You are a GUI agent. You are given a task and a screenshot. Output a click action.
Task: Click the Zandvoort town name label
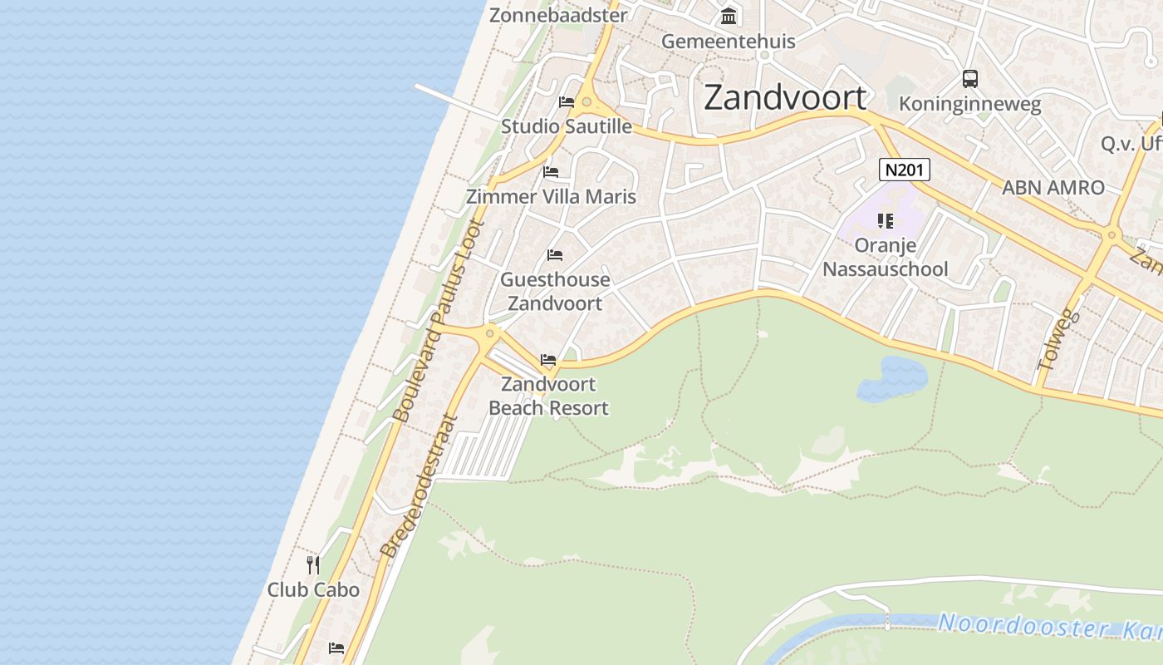[785, 98]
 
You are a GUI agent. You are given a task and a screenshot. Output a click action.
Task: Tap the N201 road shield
[905, 170]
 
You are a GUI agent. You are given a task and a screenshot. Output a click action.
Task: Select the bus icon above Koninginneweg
[970, 79]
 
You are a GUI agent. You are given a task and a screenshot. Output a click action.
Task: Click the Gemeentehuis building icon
[729, 16]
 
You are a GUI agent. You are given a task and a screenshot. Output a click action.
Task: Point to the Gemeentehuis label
[728, 41]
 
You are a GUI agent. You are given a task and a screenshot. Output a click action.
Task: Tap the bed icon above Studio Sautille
[567, 102]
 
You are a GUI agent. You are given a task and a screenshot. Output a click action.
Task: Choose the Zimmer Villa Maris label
[551, 197]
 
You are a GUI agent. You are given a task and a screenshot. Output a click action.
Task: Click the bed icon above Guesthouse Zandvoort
[555, 254]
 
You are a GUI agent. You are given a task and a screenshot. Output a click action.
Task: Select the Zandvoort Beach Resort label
[548, 396]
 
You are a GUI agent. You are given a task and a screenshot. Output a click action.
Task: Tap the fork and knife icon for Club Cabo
[313, 565]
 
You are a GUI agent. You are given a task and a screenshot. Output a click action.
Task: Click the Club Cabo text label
[313, 590]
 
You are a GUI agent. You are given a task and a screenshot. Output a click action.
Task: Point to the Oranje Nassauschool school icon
[885, 221]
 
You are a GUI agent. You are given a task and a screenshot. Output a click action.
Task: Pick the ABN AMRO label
[1053, 188]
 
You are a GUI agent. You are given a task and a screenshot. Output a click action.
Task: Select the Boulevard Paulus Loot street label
[437, 320]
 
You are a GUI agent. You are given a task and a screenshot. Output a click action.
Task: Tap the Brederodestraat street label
[419, 486]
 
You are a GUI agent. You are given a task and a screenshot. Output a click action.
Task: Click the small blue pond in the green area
[893, 378]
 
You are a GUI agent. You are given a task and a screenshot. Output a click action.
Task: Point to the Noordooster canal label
[1047, 626]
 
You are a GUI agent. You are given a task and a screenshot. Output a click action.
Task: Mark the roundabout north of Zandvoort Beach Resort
[490, 334]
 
